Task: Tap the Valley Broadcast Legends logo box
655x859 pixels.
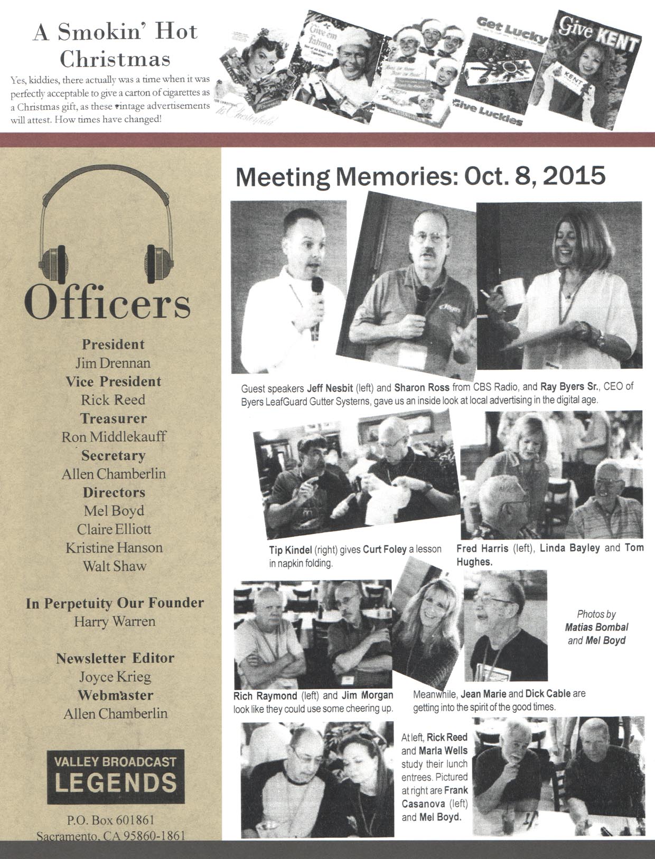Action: (115, 776)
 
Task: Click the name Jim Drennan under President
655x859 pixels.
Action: (113, 363)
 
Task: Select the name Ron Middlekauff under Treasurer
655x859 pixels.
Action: (114, 437)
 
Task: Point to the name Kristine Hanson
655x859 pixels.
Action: (114, 548)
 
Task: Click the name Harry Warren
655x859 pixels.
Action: (115, 621)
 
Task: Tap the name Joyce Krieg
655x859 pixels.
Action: (115, 676)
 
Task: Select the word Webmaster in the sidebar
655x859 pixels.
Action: (116, 695)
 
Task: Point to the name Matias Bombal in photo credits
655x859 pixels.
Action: (596, 627)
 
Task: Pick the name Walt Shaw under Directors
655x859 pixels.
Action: (115, 566)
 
